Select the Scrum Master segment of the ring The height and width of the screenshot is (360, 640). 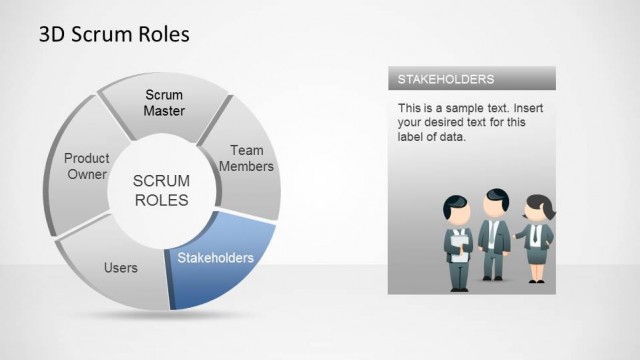[x=164, y=103]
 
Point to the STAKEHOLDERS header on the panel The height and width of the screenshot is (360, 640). [x=445, y=79]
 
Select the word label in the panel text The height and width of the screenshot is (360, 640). [x=413, y=137]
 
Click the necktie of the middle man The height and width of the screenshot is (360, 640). [x=493, y=234]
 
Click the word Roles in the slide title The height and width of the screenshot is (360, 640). [x=161, y=35]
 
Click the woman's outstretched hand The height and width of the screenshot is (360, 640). [x=516, y=237]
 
